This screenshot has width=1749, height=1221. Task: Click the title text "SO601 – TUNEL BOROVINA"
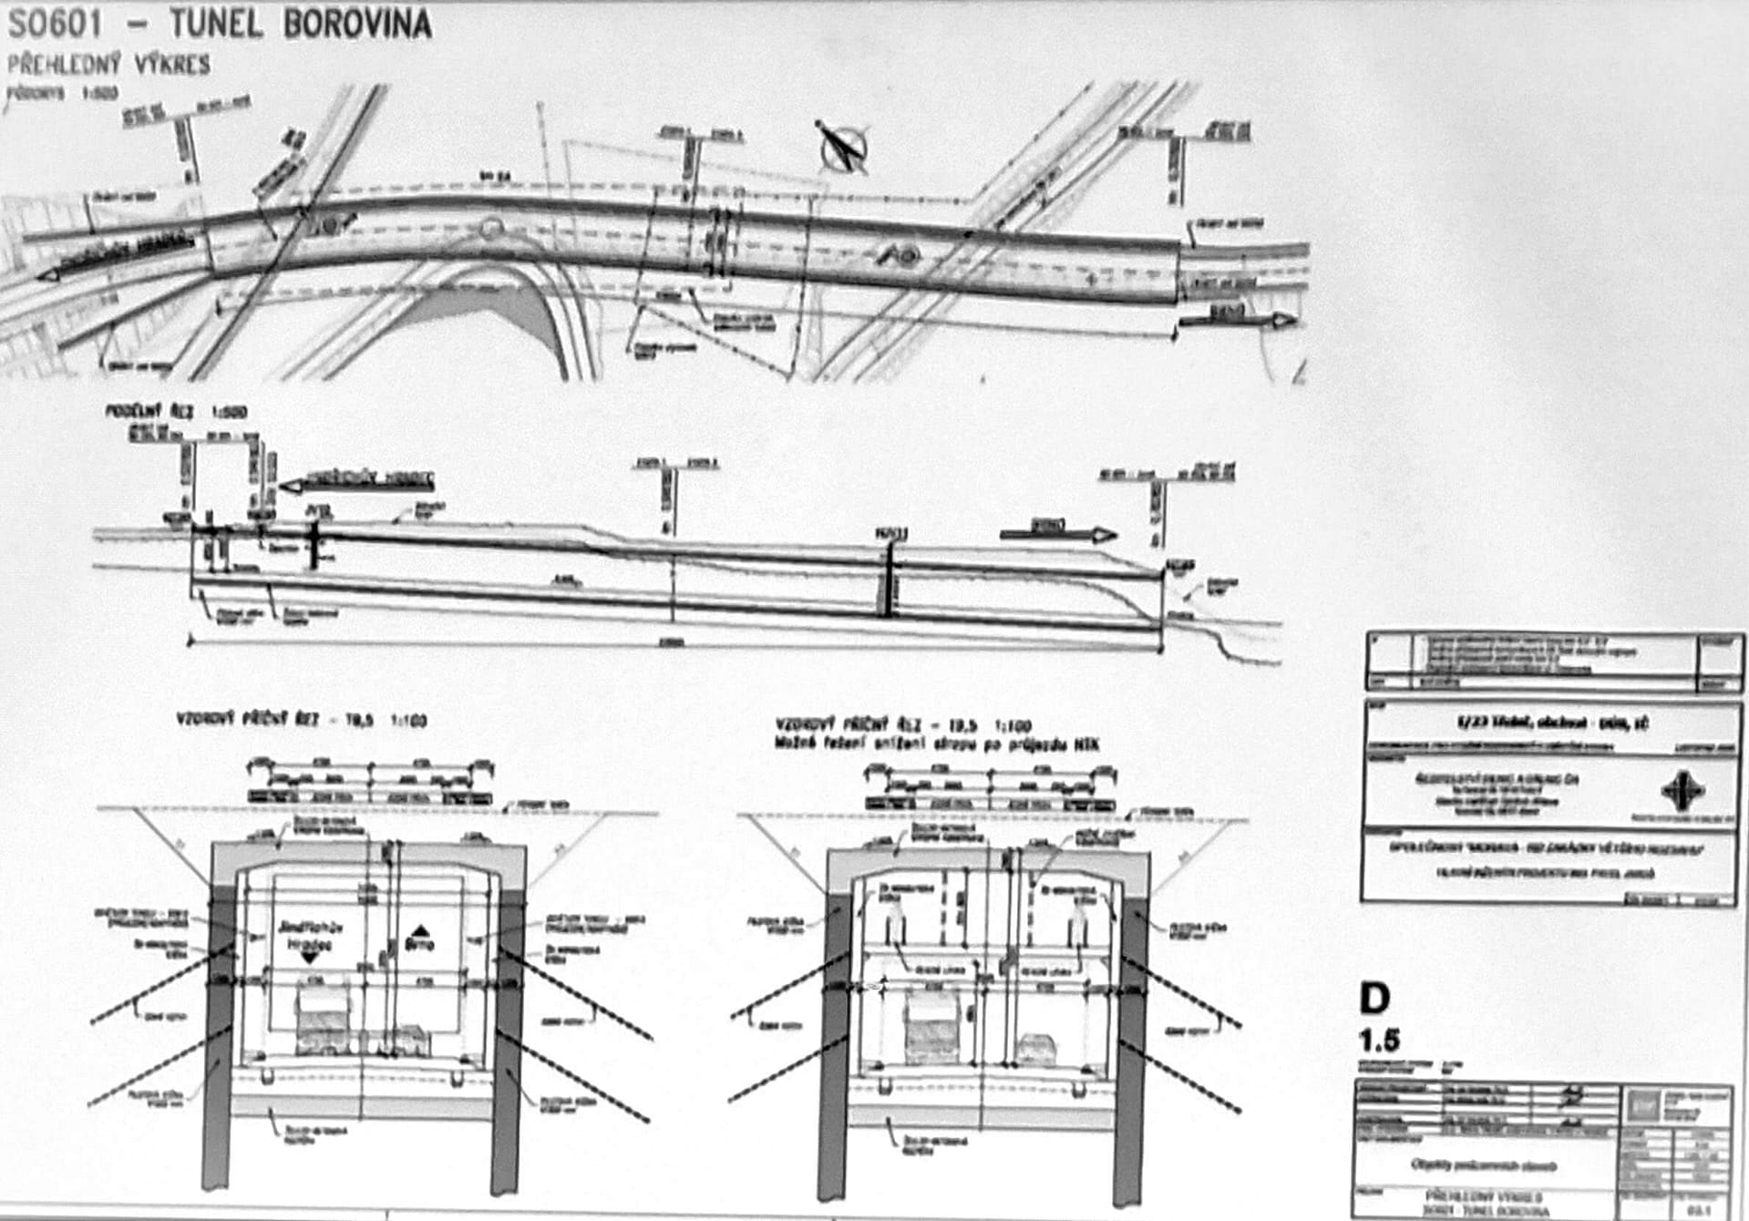click(x=219, y=24)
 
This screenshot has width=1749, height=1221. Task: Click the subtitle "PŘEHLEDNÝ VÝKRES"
click(x=108, y=65)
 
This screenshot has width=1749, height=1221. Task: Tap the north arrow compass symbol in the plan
click(x=843, y=146)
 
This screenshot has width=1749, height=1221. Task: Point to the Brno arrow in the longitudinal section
click(x=1057, y=533)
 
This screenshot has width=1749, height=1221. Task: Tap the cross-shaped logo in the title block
click(x=1682, y=791)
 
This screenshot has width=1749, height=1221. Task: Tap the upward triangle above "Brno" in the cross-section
click(x=419, y=930)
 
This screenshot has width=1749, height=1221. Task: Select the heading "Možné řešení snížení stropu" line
click(x=937, y=744)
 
